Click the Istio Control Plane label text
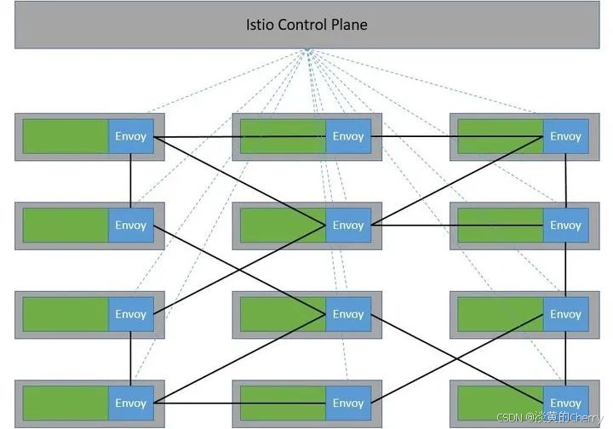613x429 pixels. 306,25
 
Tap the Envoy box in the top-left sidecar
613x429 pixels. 131,136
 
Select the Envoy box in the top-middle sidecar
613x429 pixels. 348,136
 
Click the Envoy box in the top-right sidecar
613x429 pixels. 565,136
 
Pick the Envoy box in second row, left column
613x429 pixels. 131,226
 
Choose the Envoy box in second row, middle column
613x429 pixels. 348,226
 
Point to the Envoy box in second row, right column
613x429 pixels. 565,226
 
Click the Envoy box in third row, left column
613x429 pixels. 131,314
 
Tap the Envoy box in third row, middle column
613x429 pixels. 348,314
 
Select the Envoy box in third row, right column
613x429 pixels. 565,314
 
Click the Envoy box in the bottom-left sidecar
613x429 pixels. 131,403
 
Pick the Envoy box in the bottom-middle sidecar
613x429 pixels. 348,403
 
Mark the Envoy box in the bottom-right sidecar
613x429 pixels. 565,403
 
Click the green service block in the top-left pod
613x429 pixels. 66,136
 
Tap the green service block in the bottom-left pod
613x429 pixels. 66,403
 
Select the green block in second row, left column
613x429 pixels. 66,226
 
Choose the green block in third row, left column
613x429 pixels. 66,314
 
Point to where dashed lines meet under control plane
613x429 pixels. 307,52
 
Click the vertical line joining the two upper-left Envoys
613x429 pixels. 131,180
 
